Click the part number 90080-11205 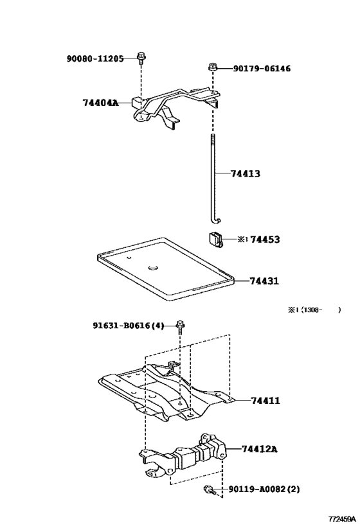pos(94,58)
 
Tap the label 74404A pos(100,103)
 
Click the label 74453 pos(264,239)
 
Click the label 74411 pos(264,400)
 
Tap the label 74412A pos(260,448)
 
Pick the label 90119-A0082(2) pos(264,489)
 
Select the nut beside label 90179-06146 pos(213,67)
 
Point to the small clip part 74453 pos(215,240)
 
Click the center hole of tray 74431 pos(154,268)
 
